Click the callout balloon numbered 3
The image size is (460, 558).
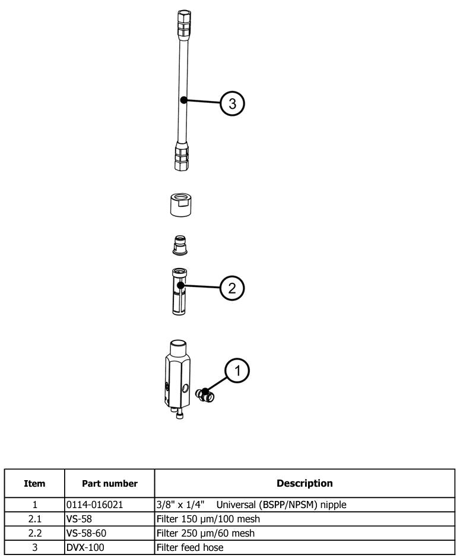click(232, 103)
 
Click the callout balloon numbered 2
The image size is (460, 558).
click(232, 288)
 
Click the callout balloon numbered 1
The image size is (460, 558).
click(237, 371)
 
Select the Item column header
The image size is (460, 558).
click(34, 484)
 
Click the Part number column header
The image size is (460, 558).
click(110, 484)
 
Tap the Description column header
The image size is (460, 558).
click(304, 484)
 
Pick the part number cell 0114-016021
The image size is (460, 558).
click(95, 505)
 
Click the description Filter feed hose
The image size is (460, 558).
click(190, 547)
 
